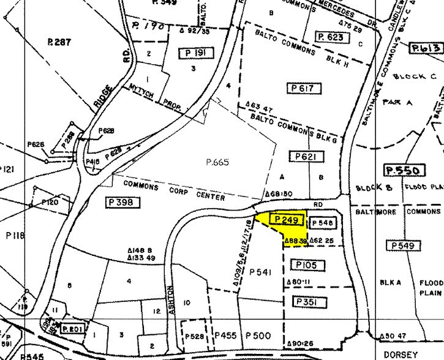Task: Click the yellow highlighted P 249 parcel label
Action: click(287, 220)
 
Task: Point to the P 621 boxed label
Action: click(306, 157)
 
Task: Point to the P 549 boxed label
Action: click(404, 246)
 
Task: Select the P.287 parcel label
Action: click(59, 42)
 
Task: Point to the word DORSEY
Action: click(402, 354)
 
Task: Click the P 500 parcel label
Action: click(258, 336)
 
